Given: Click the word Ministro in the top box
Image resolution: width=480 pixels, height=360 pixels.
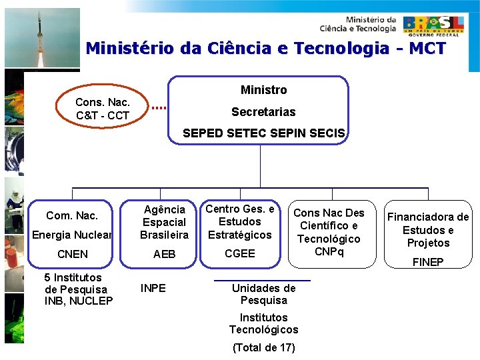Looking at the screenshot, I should point(263,90).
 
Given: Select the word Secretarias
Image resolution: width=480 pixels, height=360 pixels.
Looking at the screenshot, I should point(263,112).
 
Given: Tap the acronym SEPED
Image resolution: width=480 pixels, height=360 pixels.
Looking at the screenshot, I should point(203,133).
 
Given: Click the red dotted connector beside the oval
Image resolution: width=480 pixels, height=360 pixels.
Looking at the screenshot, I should point(158,107).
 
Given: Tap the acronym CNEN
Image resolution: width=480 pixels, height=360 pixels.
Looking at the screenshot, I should point(73,254).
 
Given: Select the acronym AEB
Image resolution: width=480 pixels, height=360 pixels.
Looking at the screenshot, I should point(164,254).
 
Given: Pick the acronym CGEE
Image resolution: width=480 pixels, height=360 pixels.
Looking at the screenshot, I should point(239,253).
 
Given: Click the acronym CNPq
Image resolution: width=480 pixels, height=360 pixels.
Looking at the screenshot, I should point(329,251).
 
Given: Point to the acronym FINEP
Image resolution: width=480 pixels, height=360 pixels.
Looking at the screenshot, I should point(428,262).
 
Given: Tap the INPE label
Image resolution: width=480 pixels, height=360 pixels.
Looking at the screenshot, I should point(153,289).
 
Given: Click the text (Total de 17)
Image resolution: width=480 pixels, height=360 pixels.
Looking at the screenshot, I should point(263,347).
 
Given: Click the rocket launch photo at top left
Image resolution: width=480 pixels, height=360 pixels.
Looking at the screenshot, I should point(41,38).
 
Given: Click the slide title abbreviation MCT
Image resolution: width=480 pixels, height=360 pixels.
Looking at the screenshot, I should point(427,49).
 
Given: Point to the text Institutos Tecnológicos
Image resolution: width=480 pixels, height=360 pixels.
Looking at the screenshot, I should point(263,323).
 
